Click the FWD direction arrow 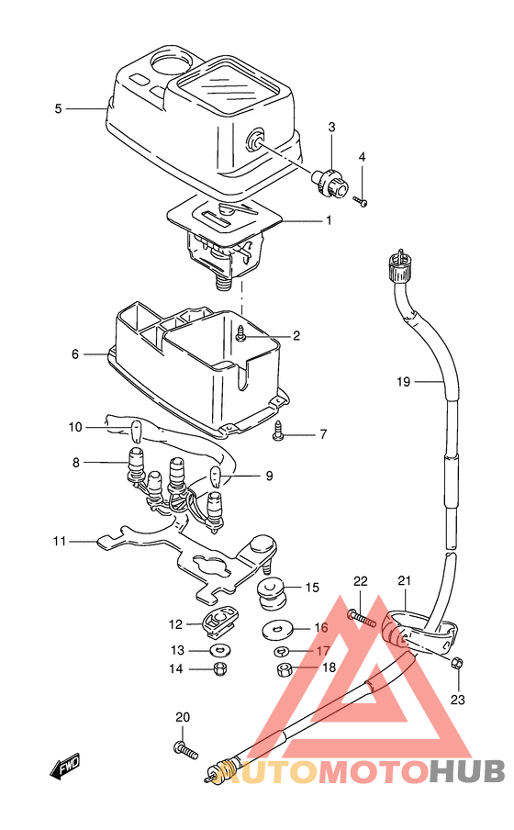click(65, 766)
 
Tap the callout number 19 click(403, 381)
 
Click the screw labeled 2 click(242, 333)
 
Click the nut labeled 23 click(458, 663)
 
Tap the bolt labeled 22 click(362, 618)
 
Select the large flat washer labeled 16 click(277, 629)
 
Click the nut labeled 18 click(285, 670)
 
